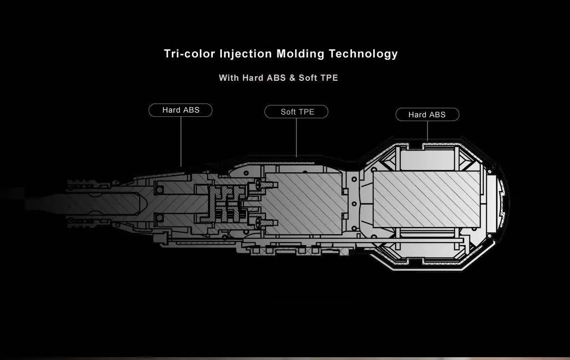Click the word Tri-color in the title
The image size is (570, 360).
coord(190,54)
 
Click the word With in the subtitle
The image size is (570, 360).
coord(229,78)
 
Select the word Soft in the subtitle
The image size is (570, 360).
coord(308,78)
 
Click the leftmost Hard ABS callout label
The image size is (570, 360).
coord(180,110)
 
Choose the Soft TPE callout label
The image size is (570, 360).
coord(296,112)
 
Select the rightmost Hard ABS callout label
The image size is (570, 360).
coord(427,114)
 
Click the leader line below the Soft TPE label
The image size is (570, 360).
coord(296,138)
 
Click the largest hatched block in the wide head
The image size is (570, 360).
coord(426,199)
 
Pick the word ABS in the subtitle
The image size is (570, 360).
coord(276,78)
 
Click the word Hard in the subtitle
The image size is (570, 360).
coord(253,78)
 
